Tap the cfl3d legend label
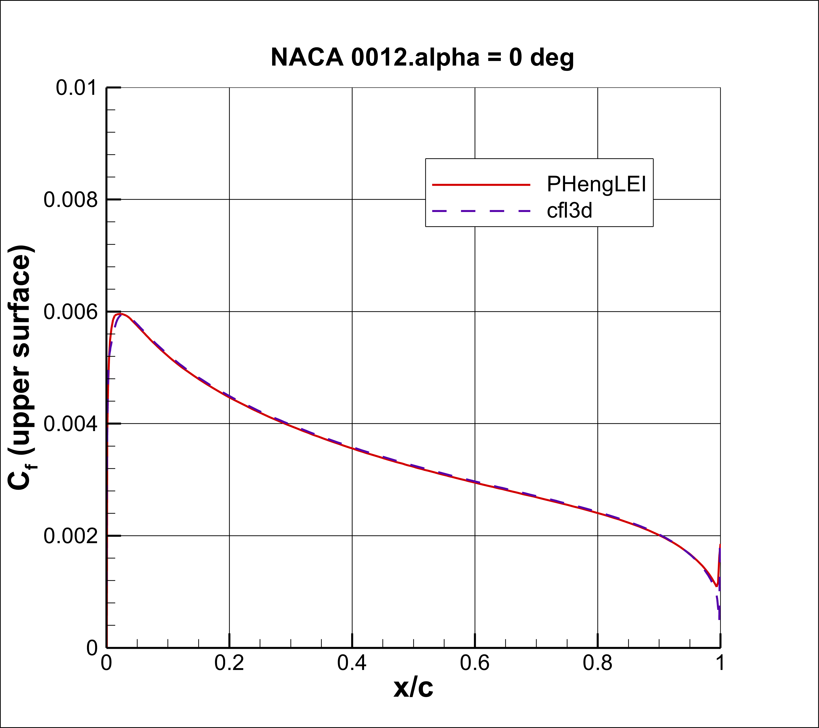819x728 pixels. (x=569, y=210)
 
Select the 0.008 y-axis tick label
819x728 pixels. (x=70, y=200)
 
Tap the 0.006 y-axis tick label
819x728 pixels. (x=70, y=312)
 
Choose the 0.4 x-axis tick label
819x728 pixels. (x=352, y=663)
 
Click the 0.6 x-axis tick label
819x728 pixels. (x=475, y=663)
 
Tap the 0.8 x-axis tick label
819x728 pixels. (x=597, y=663)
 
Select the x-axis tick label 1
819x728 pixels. (x=720, y=663)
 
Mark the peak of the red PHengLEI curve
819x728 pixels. (x=119, y=314)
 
